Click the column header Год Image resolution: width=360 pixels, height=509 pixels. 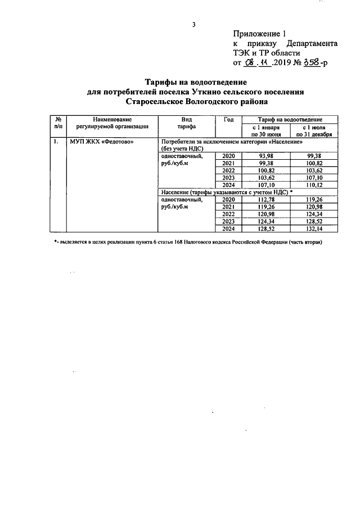pyautogui.click(x=228, y=120)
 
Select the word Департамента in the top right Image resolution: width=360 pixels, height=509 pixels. pyautogui.click(x=312, y=43)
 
